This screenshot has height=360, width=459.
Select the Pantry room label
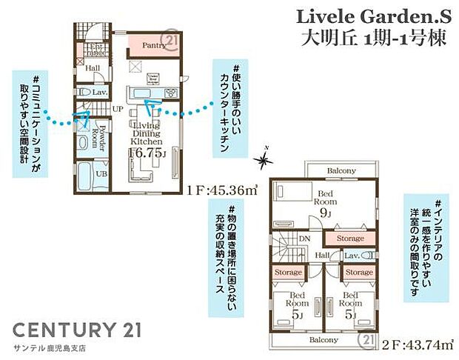point(154,45)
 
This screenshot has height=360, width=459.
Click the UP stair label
point(117,108)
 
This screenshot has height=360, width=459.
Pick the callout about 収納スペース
point(229,250)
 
